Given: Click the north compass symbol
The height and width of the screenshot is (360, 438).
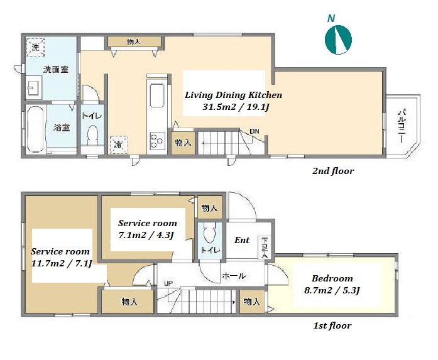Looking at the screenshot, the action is coord(338,40).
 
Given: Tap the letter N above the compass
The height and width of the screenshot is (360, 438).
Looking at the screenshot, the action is coord(331,18).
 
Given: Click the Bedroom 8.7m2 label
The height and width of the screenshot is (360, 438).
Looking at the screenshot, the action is coord(332,285).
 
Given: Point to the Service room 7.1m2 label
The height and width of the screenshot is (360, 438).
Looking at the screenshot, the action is coord(148,229).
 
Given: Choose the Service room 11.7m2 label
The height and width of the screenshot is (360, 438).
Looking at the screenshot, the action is coord(60,257).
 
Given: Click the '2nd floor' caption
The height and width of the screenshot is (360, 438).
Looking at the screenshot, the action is coord(333,171).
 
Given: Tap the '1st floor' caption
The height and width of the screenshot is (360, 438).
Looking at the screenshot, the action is coord(332,325).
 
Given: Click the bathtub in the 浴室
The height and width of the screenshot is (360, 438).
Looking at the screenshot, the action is coord(36,129).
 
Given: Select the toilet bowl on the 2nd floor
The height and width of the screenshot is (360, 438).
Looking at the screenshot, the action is coord(92,134).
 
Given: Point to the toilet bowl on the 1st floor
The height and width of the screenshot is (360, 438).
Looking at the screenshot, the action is coord(210,233).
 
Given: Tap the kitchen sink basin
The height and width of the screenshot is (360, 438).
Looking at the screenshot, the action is coord(157,95).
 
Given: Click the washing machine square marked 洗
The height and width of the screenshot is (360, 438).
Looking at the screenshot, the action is coord(35,47).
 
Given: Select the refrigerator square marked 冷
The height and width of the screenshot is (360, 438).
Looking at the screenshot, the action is coord(118,145).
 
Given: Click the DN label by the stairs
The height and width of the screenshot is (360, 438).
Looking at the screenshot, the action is coord(255,131).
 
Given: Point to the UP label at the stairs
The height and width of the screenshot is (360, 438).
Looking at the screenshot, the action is coord(168,283).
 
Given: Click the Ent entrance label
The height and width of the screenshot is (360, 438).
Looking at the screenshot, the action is coord(242,240).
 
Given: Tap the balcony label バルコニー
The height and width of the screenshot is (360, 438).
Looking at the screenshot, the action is coord(402,126).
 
